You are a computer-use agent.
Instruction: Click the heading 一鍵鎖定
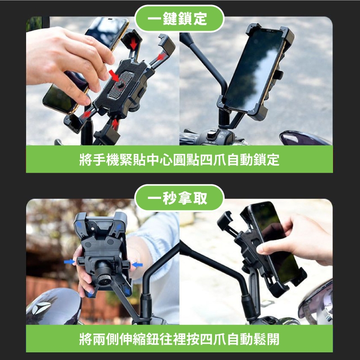177,19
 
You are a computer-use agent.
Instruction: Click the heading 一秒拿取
177,198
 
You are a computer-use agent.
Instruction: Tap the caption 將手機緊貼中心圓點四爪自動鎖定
179,160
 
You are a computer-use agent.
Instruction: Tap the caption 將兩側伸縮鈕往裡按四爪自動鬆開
179,339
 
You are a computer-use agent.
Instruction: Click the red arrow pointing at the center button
114,76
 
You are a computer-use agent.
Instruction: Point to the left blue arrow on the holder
69,261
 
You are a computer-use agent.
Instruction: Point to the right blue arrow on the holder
138,265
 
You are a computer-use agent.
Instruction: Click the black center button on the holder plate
120,84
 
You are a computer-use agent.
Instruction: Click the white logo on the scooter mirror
41,307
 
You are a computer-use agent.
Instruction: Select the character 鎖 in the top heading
185,19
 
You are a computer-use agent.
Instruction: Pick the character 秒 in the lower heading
170,198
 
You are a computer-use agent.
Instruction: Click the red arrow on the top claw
133,43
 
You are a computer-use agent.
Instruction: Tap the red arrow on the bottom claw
115,124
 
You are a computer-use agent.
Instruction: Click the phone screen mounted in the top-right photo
254,69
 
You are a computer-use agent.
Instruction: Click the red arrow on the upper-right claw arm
161,57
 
